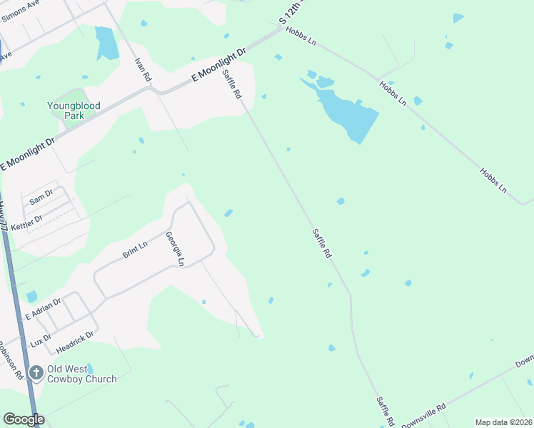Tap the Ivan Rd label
pos(143,68)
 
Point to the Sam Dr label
pos(41,195)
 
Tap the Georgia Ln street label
pos(175,249)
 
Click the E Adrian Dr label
pos(44,309)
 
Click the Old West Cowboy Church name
pos(81,374)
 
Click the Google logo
pos(24,419)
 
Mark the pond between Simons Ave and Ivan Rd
pos(107,44)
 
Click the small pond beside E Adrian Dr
pos(31,296)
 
